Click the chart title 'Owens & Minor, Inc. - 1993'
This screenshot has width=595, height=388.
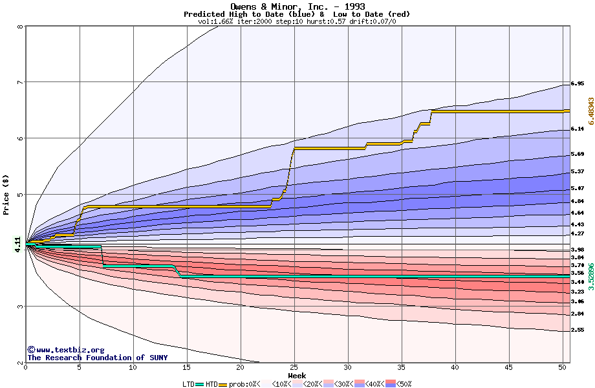pyautogui.click(x=297, y=6)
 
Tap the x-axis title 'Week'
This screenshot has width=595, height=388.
pyautogui.click(x=297, y=376)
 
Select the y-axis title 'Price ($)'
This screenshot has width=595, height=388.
pyautogui.click(x=6, y=194)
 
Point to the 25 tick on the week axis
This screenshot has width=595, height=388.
pyautogui.click(x=294, y=367)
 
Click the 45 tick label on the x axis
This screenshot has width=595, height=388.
pyautogui.click(x=509, y=367)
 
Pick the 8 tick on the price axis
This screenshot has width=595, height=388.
pyautogui.click(x=20, y=27)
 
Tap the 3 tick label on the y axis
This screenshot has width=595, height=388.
pyautogui.click(x=20, y=307)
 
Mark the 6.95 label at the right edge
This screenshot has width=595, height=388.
pyautogui.click(x=578, y=84)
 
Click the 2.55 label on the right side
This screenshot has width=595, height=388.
pyautogui.click(x=578, y=330)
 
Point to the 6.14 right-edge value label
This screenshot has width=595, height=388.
pyautogui.click(x=578, y=129)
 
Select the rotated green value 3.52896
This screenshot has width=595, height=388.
pyautogui.click(x=590, y=275)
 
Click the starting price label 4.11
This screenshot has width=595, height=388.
pyautogui.click(x=17, y=244)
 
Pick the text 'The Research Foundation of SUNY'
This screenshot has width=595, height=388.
pyautogui.click(x=97, y=358)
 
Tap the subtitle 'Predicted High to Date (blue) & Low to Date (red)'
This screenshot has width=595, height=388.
pyautogui.click(x=297, y=14)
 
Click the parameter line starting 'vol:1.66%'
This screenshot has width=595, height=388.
pyautogui.click(x=297, y=21)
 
